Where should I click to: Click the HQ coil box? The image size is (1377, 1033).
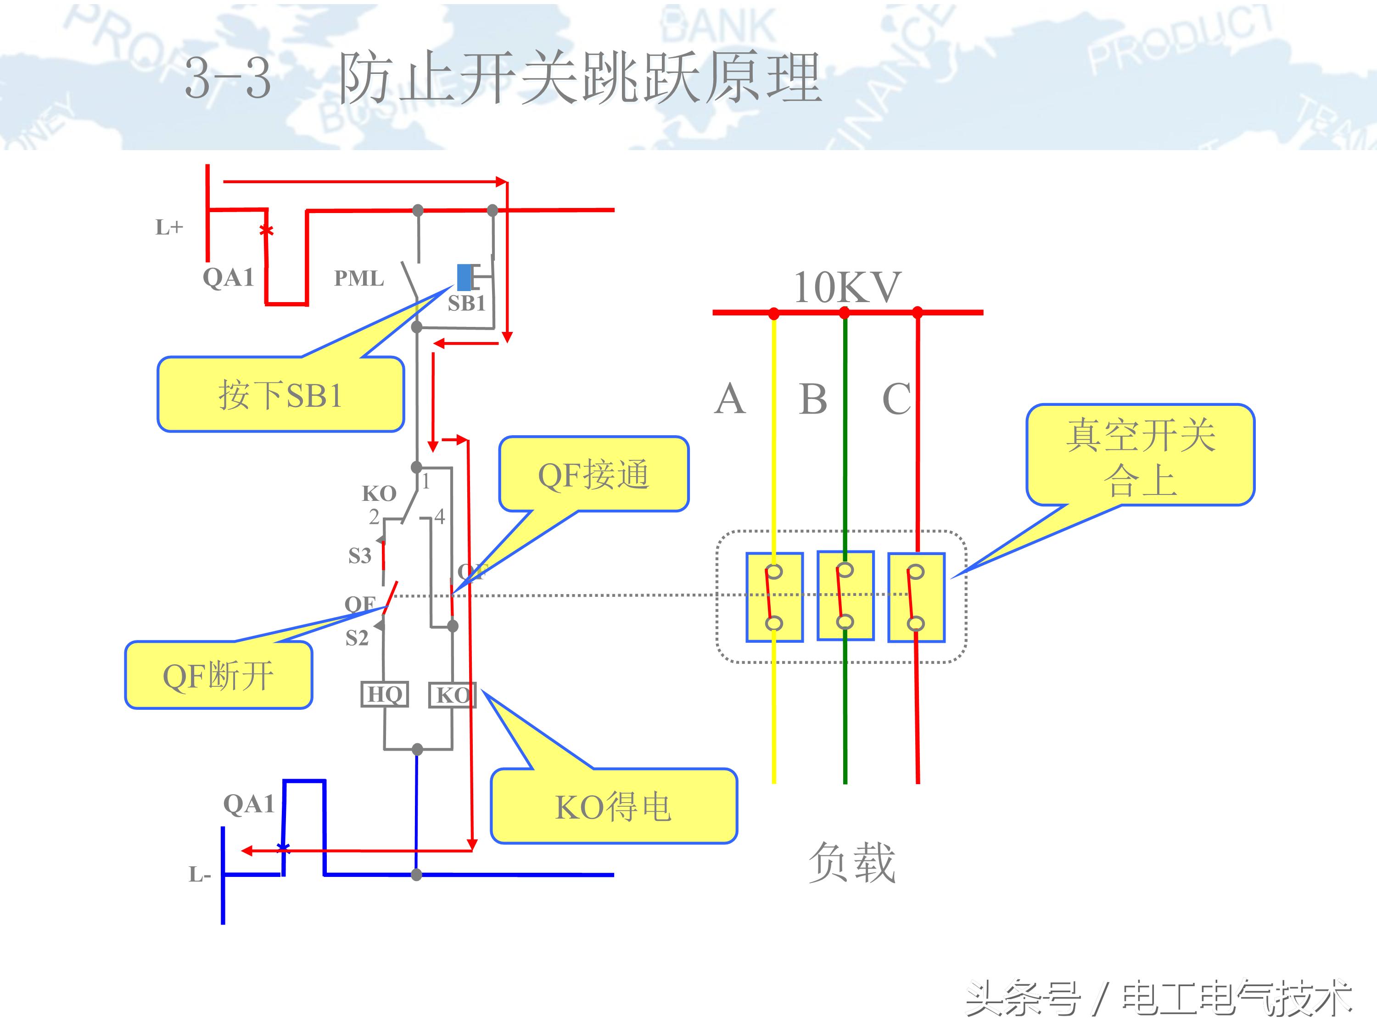point(385,694)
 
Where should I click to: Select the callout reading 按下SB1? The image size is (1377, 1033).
point(280,395)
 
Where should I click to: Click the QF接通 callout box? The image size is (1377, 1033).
point(593,474)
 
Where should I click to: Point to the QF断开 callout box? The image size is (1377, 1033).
point(218,676)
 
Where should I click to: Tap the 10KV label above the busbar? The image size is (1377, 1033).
point(846,288)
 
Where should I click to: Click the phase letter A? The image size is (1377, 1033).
point(730,399)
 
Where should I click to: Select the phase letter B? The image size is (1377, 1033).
point(813,399)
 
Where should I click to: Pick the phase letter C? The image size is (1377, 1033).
point(896,399)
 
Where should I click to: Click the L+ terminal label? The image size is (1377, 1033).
point(169,228)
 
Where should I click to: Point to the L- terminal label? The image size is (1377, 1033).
point(200,875)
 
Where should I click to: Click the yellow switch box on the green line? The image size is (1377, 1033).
point(845,596)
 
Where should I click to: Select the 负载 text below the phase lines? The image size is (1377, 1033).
point(851,862)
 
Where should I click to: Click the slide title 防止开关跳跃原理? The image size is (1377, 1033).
point(580,79)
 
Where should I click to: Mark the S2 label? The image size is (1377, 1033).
point(357,638)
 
